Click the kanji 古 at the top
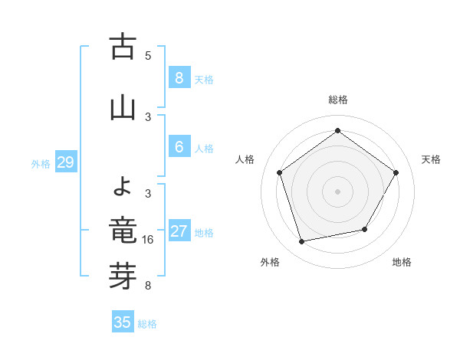click(x=123, y=47)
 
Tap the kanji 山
click(x=123, y=108)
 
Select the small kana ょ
click(x=123, y=185)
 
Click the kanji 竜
click(x=123, y=231)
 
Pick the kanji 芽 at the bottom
click(x=123, y=277)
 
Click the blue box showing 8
click(x=179, y=77)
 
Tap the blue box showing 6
click(x=179, y=146)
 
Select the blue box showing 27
click(x=179, y=231)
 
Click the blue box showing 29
click(x=65, y=162)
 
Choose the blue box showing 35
click(x=123, y=322)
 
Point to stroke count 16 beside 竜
click(x=149, y=240)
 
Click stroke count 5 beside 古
click(x=148, y=56)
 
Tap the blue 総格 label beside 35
click(x=147, y=324)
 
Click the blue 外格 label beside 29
click(x=41, y=163)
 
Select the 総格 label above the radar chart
click(x=337, y=100)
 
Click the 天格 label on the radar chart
click(x=431, y=159)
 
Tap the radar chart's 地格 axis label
click(x=402, y=262)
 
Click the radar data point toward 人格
click(x=280, y=173)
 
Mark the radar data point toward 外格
click(x=302, y=241)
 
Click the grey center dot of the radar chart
click(x=337, y=191)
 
